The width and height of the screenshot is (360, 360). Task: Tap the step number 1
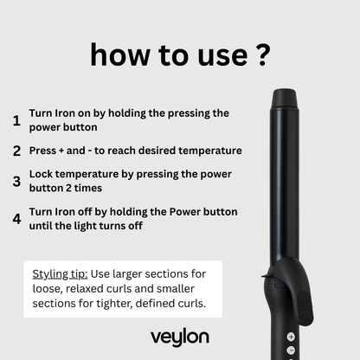pyautogui.click(x=16, y=119)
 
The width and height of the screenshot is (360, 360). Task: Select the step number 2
pyautogui.click(x=16, y=151)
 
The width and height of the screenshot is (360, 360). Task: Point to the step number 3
pyautogui.click(x=16, y=183)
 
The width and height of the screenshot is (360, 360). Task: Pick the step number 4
pyautogui.click(x=16, y=218)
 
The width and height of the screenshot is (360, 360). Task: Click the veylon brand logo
pyautogui.click(x=179, y=337)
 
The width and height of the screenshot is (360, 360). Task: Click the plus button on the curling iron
pyautogui.click(x=291, y=336)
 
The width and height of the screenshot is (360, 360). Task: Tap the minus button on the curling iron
pyautogui.click(x=291, y=350)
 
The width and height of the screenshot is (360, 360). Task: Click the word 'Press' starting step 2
pyautogui.click(x=45, y=151)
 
